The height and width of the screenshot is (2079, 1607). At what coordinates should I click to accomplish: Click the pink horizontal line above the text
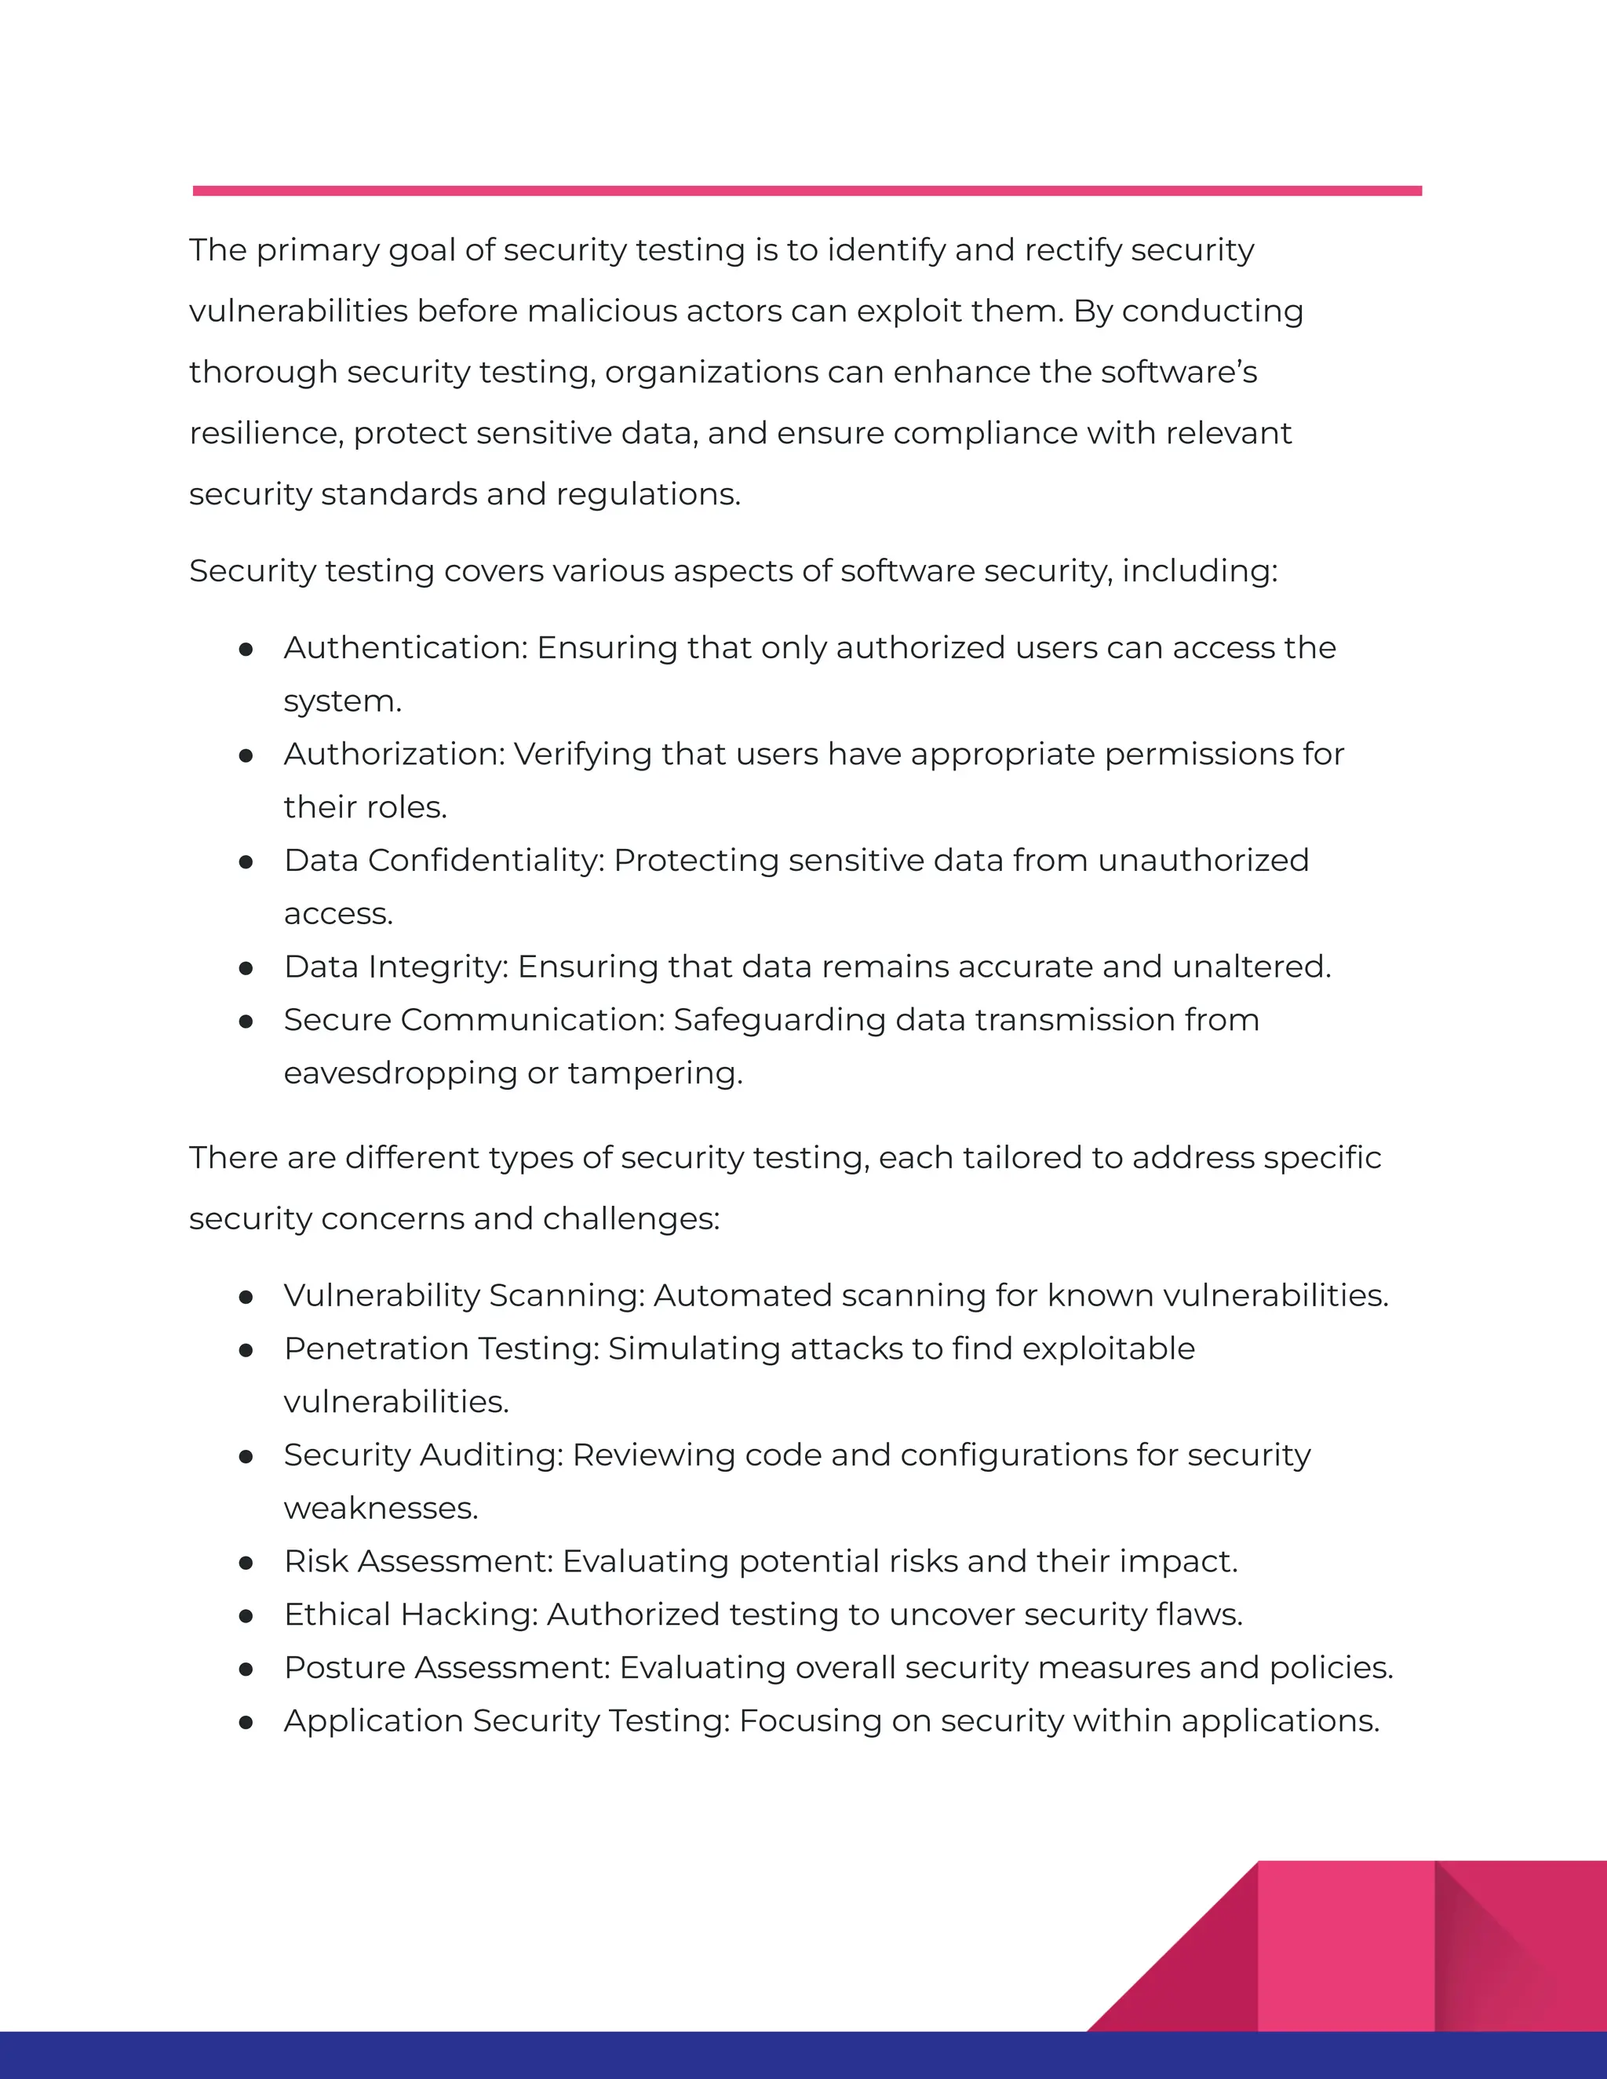(x=807, y=191)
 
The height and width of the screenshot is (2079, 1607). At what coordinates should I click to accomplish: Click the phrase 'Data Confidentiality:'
(x=443, y=861)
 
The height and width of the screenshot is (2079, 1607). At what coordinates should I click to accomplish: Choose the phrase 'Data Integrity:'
(x=396, y=967)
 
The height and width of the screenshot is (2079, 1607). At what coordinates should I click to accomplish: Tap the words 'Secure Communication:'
(x=474, y=1021)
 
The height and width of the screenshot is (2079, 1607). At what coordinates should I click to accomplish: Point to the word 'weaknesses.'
(x=381, y=1509)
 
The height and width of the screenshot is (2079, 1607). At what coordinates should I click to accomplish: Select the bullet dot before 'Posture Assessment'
(x=246, y=1669)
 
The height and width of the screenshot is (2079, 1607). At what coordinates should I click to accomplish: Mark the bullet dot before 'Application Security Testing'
(x=246, y=1723)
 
